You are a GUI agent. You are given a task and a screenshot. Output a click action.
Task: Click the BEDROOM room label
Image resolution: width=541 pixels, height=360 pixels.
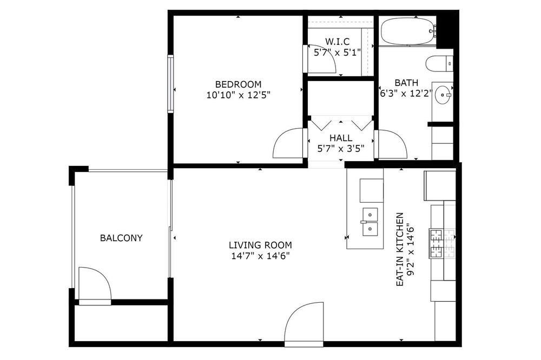[x=238, y=84]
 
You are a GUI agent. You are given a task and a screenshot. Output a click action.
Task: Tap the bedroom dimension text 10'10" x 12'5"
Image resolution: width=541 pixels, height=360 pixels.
[x=238, y=95]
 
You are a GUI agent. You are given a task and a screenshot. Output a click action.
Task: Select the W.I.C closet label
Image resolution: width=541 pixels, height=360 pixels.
[x=337, y=42]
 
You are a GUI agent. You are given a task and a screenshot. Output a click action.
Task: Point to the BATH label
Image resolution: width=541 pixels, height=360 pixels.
[x=406, y=83]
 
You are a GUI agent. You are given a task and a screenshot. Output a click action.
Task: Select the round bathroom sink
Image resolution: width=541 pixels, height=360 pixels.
[x=442, y=94]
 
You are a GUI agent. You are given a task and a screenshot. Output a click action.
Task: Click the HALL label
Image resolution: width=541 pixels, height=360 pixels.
[x=341, y=138]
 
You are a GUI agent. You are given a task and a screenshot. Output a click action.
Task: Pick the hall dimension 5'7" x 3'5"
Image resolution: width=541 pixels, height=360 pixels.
[x=341, y=149]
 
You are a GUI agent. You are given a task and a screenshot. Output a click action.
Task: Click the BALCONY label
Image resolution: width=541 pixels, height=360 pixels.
[x=121, y=238]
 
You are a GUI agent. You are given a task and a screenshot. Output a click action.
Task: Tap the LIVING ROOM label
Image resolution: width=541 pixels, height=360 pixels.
[x=260, y=245]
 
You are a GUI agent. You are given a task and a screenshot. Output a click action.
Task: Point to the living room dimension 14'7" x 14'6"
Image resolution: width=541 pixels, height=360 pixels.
[x=260, y=256]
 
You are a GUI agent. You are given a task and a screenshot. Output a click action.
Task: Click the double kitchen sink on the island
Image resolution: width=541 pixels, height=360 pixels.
[x=370, y=222]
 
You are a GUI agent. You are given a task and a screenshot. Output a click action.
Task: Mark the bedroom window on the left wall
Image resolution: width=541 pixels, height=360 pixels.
[x=170, y=84]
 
